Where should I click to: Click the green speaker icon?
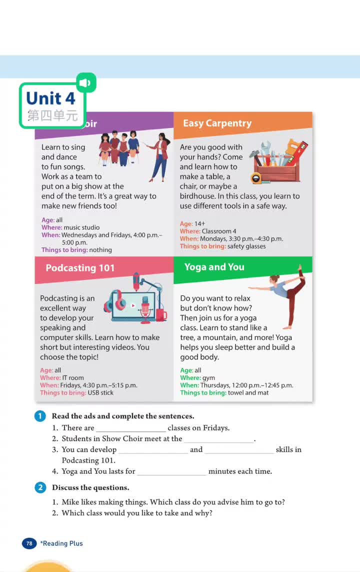click(86, 82)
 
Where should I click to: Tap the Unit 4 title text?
click(50, 98)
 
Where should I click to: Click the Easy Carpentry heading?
click(217, 123)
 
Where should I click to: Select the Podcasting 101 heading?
click(80, 268)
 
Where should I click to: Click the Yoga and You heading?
click(214, 267)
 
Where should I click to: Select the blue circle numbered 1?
click(40, 416)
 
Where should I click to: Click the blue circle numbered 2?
click(40, 487)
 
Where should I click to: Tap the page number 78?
click(29, 543)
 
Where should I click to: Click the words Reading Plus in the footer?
click(62, 543)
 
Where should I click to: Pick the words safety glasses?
click(246, 246)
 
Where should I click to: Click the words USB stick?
click(100, 392)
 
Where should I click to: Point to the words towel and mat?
click(248, 392)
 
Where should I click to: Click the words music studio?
click(81, 227)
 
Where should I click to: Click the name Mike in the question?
click(70, 502)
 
